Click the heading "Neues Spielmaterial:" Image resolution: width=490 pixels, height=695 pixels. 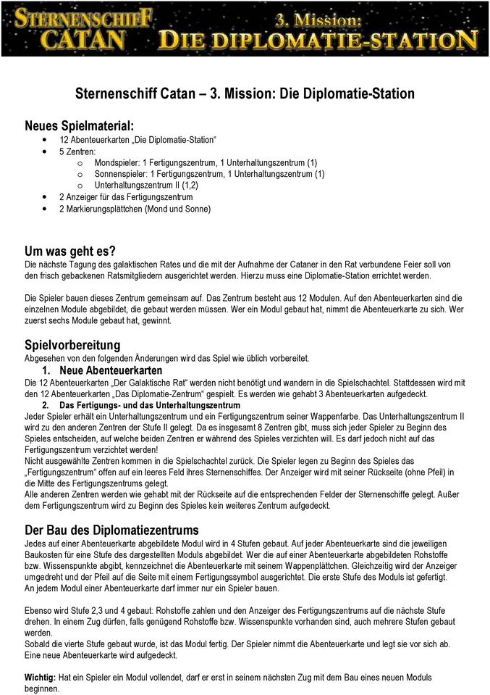79,125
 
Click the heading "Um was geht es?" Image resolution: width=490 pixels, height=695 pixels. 70,251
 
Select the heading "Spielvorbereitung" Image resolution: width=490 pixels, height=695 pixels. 72,344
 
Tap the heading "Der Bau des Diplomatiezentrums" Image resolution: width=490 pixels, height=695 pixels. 111,529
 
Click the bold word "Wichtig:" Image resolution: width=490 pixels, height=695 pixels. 40,676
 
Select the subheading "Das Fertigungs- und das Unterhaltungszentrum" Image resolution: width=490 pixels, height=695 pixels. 149,404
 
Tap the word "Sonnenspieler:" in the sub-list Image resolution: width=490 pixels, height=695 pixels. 120,174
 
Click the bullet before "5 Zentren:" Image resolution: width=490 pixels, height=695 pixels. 46,151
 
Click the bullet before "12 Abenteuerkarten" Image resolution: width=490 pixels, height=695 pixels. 46,139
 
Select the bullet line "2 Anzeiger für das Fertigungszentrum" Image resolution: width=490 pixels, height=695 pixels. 126,197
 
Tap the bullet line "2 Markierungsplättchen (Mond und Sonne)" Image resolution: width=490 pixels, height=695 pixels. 135,209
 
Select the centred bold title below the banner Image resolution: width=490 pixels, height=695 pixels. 245,94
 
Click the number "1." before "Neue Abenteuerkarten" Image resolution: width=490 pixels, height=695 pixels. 46,370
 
